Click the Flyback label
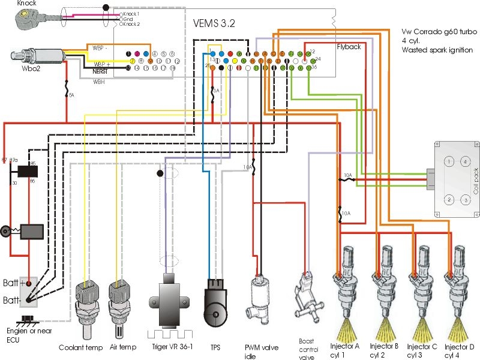point(349,46)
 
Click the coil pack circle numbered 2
point(448,199)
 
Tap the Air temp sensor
point(118,303)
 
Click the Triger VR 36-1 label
point(169,347)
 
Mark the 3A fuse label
point(217,90)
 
